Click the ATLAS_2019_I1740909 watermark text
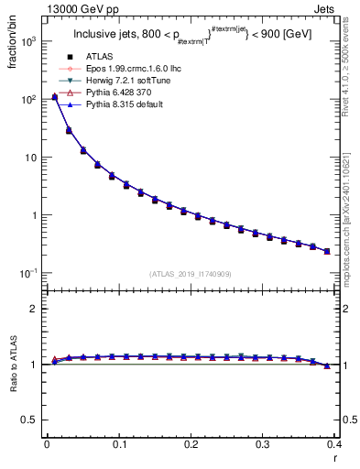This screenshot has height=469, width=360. [191, 273]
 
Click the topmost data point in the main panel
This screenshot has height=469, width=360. [54, 96]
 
